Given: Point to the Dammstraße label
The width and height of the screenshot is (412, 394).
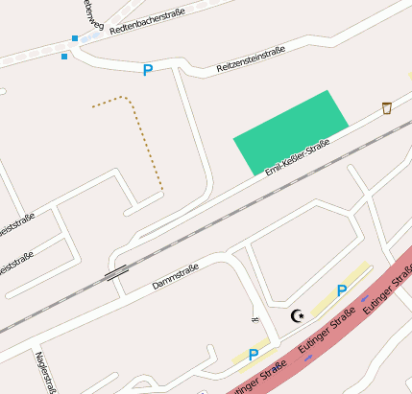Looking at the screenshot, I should (175, 277).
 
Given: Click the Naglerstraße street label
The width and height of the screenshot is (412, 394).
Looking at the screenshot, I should (42, 373).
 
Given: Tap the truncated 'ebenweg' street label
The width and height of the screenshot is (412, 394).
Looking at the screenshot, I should (88, 12).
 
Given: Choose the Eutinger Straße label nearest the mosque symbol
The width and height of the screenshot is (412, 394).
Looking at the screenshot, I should (321, 335).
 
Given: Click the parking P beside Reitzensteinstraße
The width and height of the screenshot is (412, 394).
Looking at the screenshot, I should (148, 70).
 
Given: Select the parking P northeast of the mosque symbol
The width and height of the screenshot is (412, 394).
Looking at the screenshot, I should (341, 290).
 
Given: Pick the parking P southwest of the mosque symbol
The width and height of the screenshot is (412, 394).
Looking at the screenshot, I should (254, 355).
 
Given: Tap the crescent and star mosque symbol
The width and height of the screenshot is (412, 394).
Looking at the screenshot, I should (298, 315).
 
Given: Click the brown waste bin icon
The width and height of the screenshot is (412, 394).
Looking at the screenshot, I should (387, 107).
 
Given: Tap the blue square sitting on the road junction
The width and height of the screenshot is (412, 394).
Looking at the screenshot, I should (75, 39).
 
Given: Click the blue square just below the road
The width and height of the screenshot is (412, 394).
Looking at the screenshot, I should (64, 57).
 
